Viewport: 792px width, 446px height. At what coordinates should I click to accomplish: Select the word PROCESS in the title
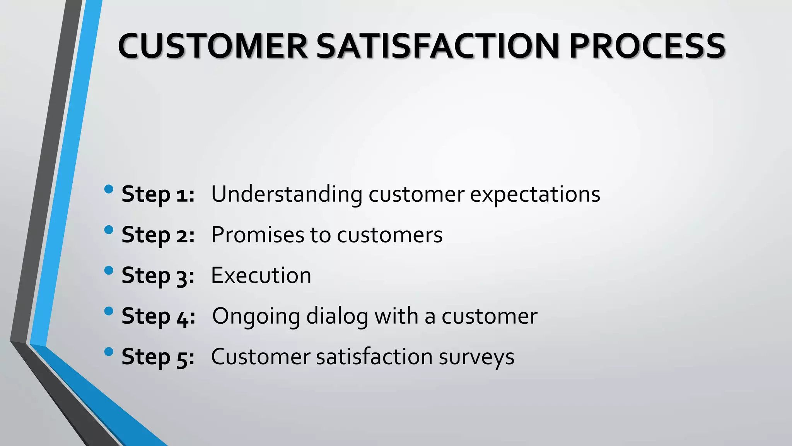(x=647, y=46)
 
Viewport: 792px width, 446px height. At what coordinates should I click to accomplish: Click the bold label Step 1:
(x=158, y=194)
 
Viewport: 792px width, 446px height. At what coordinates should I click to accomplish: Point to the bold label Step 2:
(x=158, y=235)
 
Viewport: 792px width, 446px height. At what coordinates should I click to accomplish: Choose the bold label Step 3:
(x=158, y=276)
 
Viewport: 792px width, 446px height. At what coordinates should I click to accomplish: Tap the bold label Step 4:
(x=158, y=316)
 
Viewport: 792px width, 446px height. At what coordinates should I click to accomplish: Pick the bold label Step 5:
(x=158, y=357)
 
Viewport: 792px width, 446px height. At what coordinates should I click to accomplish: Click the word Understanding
(x=287, y=194)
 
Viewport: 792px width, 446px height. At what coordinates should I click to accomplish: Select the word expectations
(x=535, y=195)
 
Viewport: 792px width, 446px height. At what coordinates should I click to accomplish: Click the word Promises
(x=258, y=235)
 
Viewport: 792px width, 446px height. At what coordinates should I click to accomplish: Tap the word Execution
(x=261, y=275)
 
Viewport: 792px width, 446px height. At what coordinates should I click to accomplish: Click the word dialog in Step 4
(x=337, y=317)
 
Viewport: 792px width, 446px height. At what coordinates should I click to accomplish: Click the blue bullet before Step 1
(x=109, y=189)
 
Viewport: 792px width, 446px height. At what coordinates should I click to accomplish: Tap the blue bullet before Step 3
(x=109, y=270)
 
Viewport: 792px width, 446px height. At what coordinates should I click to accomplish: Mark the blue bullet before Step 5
(x=109, y=352)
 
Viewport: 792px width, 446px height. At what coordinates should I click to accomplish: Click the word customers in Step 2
(x=389, y=235)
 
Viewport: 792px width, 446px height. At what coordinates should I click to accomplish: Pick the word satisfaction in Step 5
(x=374, y=357)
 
